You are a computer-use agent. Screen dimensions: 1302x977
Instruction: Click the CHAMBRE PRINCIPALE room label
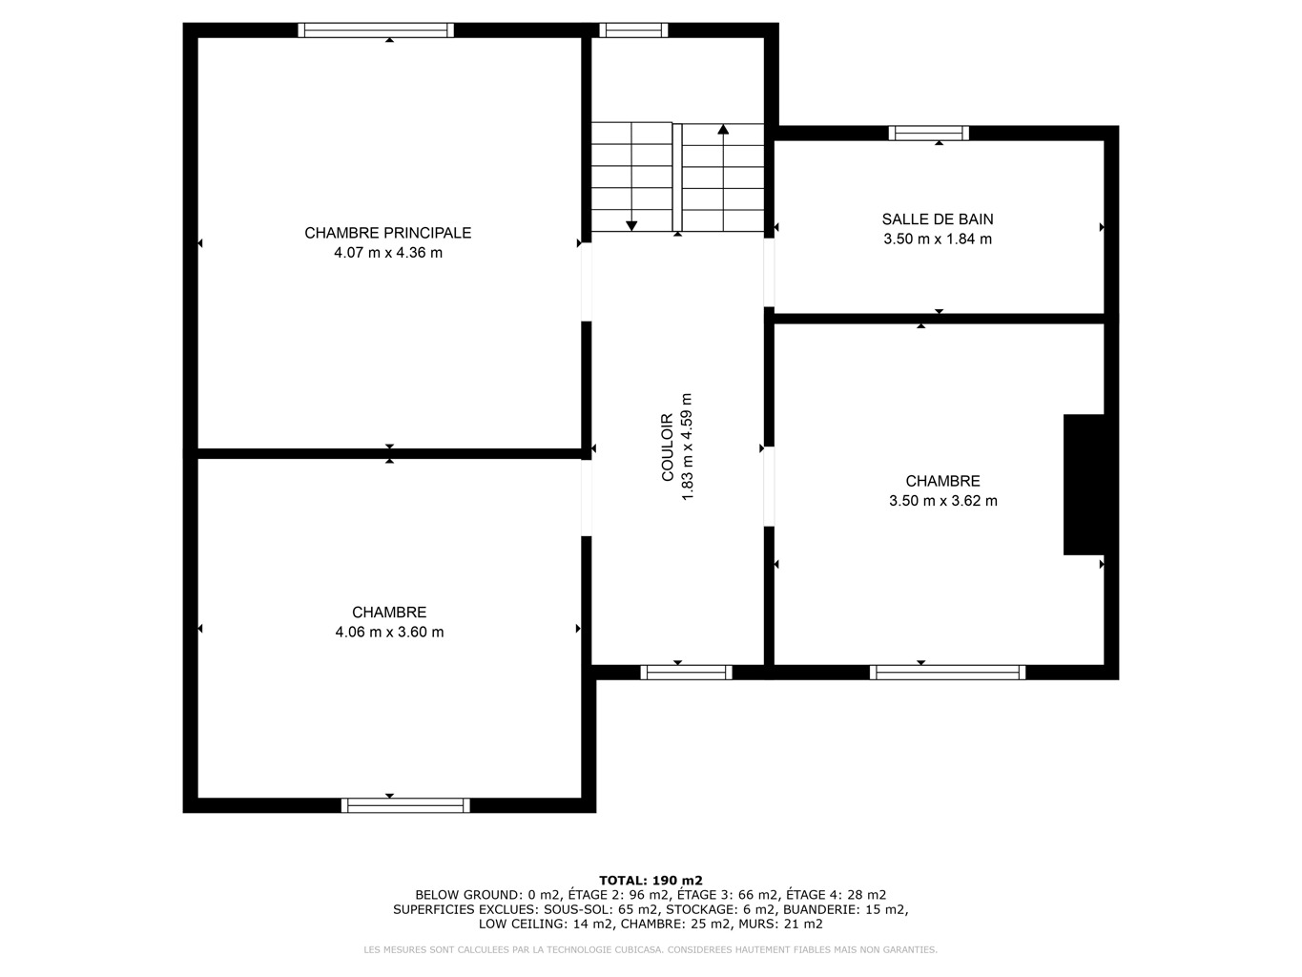tap(388, 233)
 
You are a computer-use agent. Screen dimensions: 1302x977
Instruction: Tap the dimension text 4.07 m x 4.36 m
tap(388, 253)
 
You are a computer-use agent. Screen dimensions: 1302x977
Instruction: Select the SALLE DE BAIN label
tap(938, 219)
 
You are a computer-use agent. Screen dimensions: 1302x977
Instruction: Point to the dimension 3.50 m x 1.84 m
tap(938, 239)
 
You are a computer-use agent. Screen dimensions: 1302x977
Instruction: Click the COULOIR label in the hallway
tap(668, 447)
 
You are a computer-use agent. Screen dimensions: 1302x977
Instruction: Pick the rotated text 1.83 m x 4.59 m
tap(687, 447)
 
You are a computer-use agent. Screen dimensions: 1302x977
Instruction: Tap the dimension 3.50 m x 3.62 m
tap(943, 501)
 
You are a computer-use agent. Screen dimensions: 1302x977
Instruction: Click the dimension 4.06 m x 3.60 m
tap(389, 632)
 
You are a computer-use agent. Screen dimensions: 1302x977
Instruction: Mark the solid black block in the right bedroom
tap(1084, 485)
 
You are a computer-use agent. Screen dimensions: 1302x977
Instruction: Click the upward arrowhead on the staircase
tap(723, 129)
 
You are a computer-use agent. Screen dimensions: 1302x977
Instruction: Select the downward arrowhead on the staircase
tap(631, 225)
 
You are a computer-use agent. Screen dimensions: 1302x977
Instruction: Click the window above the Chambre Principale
tap(376, 31)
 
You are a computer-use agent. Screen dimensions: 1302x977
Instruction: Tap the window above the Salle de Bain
tap(928, 133)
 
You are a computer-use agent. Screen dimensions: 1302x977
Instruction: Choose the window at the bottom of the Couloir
tap(687, 672)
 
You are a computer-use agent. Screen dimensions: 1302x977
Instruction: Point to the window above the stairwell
tap(633, 31)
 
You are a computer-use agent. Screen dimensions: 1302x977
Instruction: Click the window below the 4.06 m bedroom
tap(405, 805)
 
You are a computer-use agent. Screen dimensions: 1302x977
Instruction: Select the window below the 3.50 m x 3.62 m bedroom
tap(948, 672)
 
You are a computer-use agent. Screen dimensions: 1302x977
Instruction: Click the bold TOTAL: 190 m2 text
tap(651, 881)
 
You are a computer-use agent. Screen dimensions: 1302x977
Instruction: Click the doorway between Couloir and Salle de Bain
tap(769, 272)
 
